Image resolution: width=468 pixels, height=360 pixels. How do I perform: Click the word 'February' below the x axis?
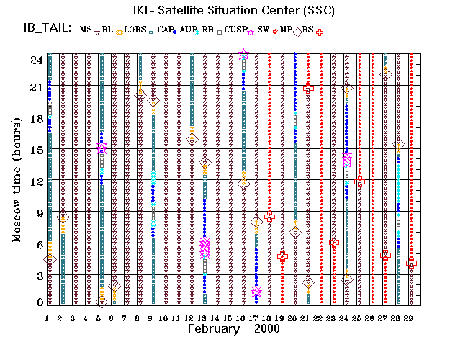tap(214, 329)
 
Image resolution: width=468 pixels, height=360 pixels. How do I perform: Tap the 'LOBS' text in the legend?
tap(135, 30)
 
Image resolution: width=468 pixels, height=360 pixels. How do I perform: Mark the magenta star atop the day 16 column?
tap(244, 55)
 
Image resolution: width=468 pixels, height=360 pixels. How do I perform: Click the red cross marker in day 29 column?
tap(411, 264)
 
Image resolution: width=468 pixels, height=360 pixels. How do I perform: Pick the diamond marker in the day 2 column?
tap(63, 217)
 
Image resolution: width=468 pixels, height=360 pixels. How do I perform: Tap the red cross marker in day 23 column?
tap(334, 243)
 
